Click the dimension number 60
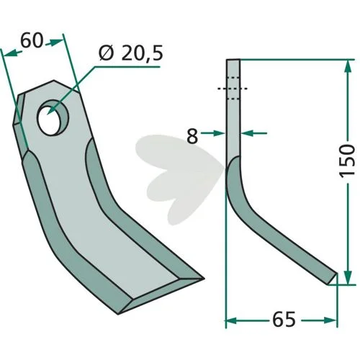pyautogui.click(x=32, y=40)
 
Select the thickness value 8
pyautogui.click(x=192, y=136)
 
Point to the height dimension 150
pyautogui.click(x=347, y=161)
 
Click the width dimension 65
pyautogui.click(x=284, y=320)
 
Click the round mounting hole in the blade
pyautogui.click(x=53, y=117)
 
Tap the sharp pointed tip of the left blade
pyautogui.click(x=204, y=279)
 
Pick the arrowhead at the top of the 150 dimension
pyautogui.click(x=348, y=66)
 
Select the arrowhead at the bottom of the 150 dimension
pyautogui.click(x=348, y=277)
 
